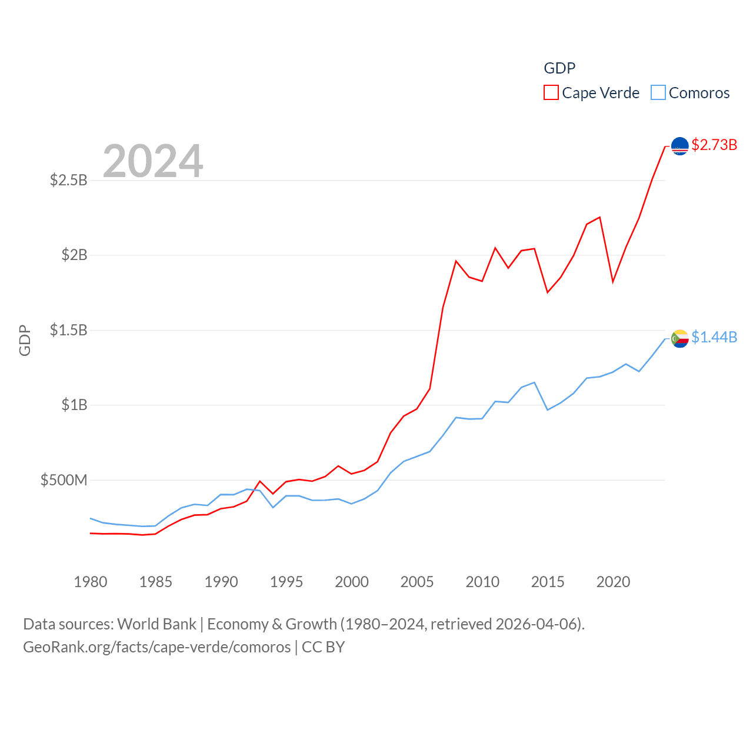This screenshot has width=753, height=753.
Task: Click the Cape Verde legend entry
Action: pos(592,93)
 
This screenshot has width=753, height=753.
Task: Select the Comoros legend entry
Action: pos(691,93)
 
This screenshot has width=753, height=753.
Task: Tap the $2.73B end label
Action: pos(714,145)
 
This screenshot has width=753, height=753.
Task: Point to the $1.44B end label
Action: pos(714,337)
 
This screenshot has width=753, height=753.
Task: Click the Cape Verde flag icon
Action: pos(679,146)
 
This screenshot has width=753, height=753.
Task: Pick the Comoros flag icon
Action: pos(679,338)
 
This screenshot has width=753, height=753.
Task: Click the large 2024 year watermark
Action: pos(153,161)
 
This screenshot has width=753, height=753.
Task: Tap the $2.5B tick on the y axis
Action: pos(69,180)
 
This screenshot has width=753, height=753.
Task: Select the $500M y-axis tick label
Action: pos(64,480)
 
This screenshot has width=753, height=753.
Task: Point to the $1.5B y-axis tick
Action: pos(69,330)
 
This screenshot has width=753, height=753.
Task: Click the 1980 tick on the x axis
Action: pos(91,582)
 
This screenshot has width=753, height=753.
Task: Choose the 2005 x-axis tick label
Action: pos(417,582)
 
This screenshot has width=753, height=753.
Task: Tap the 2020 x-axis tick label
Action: pos(613,582)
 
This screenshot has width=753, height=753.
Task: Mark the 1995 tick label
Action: pos(286,582)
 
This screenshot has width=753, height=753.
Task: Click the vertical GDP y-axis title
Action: pos(25,340)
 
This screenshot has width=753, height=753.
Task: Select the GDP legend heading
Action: pos(559,68)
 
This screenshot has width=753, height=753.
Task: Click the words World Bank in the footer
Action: pos(156,624)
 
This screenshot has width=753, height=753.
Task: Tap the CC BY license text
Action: pos(323,647)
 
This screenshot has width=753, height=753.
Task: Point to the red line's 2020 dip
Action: pos(613,282)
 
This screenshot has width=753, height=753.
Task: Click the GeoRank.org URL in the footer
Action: pos(156,647)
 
